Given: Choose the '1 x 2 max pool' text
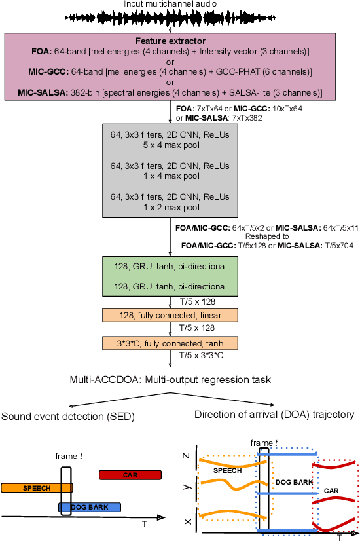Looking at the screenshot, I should point(170,207).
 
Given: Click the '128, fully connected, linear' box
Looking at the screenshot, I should point(170,316).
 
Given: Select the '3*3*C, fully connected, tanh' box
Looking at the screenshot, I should point(170,343).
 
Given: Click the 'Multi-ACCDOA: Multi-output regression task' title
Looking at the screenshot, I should point(170,379).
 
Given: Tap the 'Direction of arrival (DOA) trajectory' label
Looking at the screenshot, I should point(274,414).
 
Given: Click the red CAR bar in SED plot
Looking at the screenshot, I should point(130,474).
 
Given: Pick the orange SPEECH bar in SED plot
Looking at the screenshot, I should point(36,488).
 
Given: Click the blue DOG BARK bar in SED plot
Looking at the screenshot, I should point(90,507).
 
